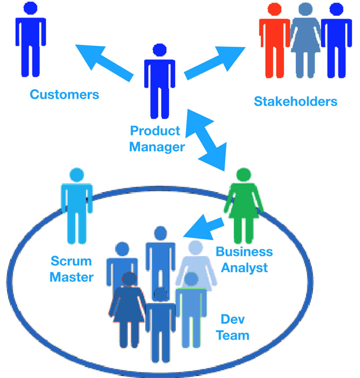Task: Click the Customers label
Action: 64,95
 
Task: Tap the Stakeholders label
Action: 295,101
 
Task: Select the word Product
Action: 155,131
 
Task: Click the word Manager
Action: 157,147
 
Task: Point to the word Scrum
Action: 71,261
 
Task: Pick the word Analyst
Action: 244,268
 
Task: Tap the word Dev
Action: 232,319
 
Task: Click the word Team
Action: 233,335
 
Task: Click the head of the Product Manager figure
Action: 160,50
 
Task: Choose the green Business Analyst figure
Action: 244,207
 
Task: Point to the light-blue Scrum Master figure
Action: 76,207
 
